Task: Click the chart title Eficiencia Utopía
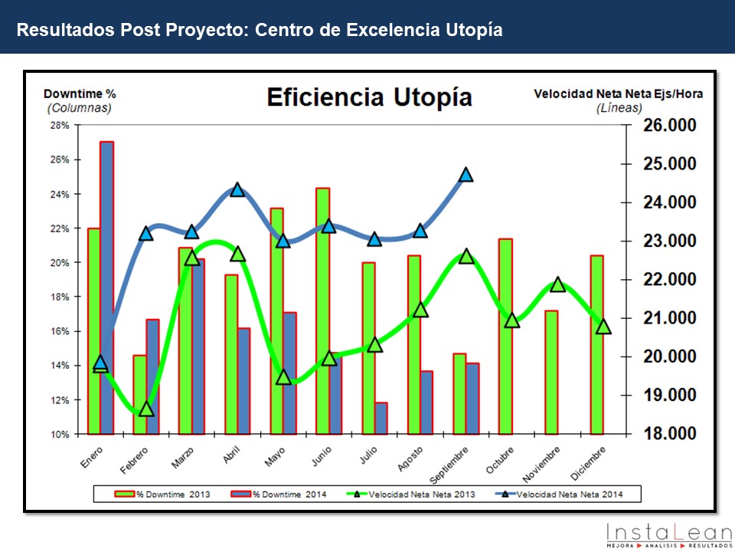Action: (369, 98)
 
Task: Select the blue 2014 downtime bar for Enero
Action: (107, 287)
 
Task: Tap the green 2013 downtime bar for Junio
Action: (323, 310)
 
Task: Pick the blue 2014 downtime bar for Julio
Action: (381, 418)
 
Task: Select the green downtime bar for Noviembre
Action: (551, 372)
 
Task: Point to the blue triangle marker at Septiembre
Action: (466, 175)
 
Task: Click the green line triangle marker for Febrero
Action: (146, 409)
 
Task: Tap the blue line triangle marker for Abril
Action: (237, 189)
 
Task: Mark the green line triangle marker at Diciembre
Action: (603, 327)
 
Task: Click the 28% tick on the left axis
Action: (60, 125)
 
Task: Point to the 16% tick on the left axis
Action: (60, 331)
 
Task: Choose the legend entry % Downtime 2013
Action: (164, 495)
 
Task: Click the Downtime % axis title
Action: (80, 94)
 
